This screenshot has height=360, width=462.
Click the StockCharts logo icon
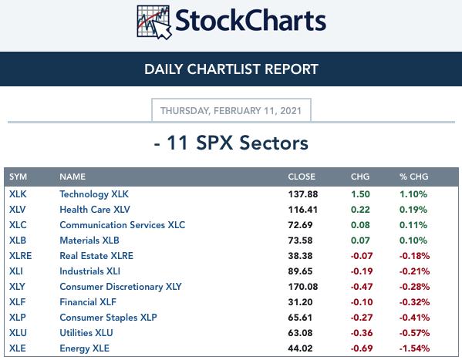coord(154,22)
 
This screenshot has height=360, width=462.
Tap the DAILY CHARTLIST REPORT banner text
coord(231,69)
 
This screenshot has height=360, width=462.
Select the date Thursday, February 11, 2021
coord(231,111)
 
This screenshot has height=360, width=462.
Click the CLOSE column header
coord(302,177)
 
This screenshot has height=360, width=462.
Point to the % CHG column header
coord(413,177)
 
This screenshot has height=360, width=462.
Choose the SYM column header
coord(18,177)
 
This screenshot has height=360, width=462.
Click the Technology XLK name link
coord(94,194)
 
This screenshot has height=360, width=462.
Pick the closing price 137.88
coord(303,194)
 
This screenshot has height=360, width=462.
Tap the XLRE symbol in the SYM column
coord(20,256)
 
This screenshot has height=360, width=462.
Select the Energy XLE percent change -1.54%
coord(414,348)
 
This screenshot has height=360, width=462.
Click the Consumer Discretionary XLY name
coord(120,287)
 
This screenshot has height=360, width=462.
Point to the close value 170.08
coord(303,287)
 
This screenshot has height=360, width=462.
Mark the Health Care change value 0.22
coord(360,210)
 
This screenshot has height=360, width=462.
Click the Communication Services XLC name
coord(123,225)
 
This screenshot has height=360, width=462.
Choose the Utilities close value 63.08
coord(300,333)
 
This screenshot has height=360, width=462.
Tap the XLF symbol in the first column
coord(18,302)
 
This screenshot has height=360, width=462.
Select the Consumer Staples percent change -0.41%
coord(414,318)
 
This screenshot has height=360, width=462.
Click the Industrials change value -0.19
coord(362,271)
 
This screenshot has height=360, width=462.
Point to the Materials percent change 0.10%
coord(413,241)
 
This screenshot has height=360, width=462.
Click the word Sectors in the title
coord(274,143)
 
